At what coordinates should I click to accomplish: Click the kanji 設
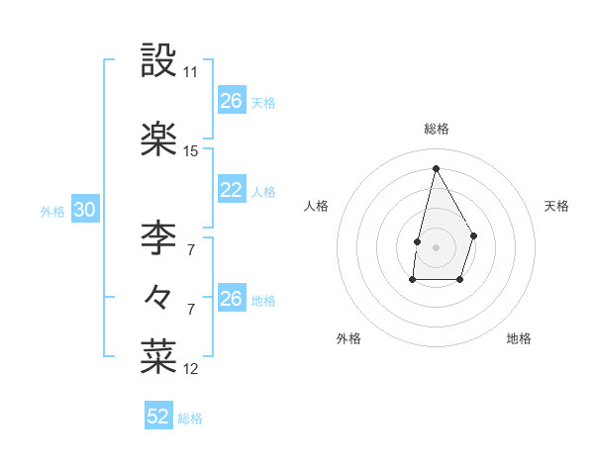tap(158, 60)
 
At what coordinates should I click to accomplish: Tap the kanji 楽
tap(158, 139)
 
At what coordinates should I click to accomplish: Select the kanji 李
tap(158, 237)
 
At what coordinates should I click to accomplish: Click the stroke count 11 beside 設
tap(191, 72)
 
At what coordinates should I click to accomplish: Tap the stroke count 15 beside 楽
tap(191, 151)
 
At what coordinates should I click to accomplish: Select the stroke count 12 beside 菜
tap(191, 369)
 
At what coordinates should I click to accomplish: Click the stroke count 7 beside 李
tap(191, 250)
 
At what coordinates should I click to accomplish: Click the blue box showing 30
tap(84, 210)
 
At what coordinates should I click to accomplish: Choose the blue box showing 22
tap(232, 191)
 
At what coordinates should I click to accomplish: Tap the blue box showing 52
tap(158, 417)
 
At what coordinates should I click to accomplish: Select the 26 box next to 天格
tap(232, 101)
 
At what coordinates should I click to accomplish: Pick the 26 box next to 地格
tap(232, 299)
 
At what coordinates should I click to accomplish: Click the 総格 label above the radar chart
tap(437, 129)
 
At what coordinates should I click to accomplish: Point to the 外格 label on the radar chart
tap(348, 338)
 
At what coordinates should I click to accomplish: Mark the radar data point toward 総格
tap(436, 168)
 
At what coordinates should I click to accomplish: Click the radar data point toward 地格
tap(460, 280)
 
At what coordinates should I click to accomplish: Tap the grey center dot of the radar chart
tap(436, 245)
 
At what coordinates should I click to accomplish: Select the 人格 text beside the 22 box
tap(263, 192)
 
